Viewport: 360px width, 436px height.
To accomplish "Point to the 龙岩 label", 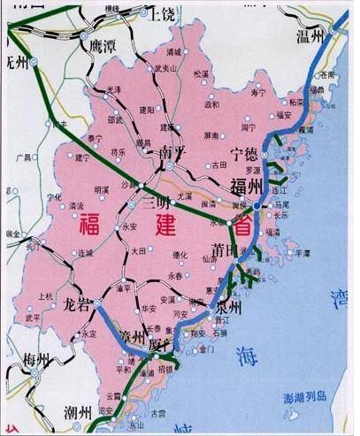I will click(77, 305).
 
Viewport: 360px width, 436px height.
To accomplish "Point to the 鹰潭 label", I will click(96, 43).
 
